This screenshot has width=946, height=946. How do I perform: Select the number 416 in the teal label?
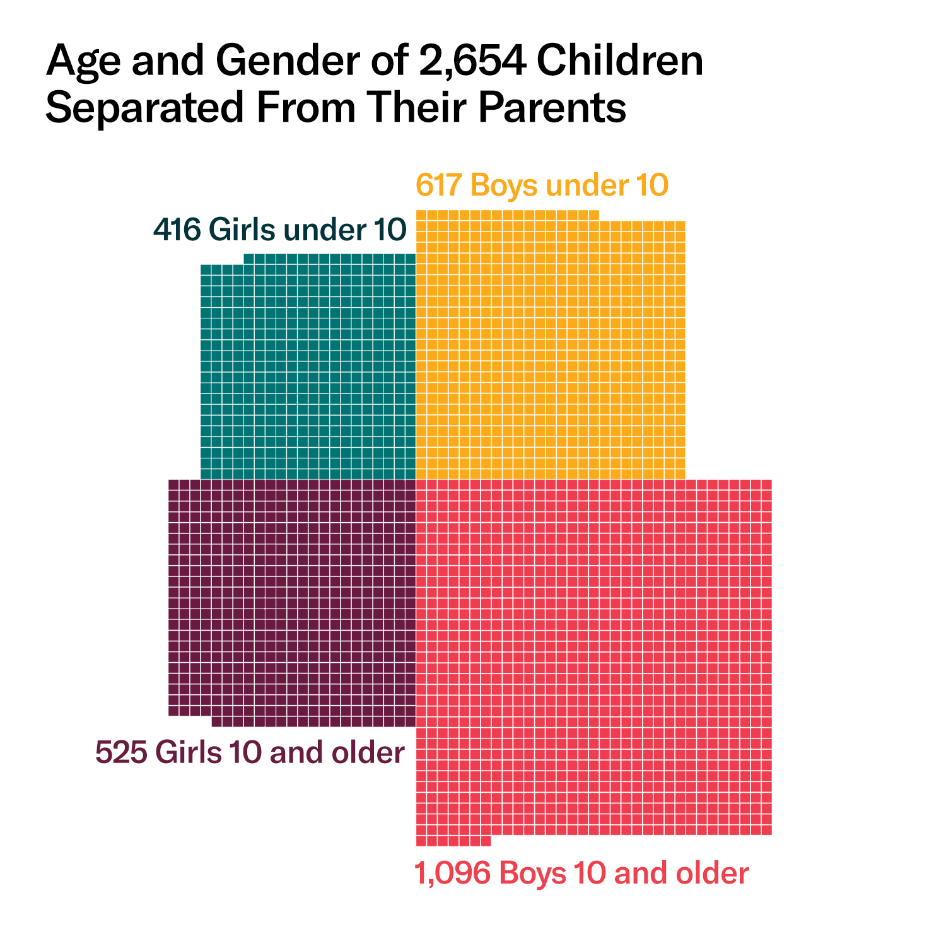pyautogui.click(x=177, y=230)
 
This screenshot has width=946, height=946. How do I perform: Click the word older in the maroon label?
pyautogui.click(x=369, y=752)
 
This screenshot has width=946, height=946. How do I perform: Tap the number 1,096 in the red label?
pyautogui.click(x=452, y=873)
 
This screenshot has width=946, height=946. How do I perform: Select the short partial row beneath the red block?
pyautogui.click(x=453, y=841)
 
